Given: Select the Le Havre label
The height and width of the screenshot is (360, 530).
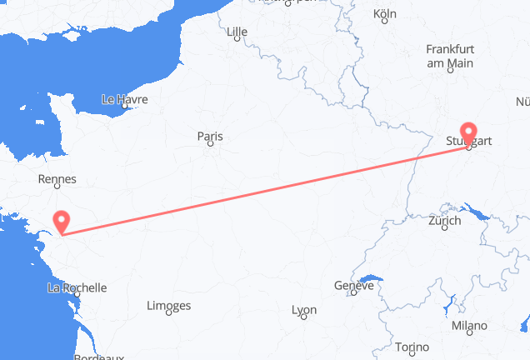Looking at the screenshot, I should point(124,98).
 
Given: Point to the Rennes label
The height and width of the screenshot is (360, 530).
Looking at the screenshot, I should point(57,178).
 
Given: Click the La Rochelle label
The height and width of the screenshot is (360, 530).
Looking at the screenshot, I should point(77,287).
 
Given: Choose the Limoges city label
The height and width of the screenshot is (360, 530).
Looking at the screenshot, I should point(168,306).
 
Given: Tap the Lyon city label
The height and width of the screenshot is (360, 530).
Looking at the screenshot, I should point(303,310).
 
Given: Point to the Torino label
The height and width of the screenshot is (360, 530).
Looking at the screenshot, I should point(411,347).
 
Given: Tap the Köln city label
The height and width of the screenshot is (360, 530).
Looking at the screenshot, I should point(385,14).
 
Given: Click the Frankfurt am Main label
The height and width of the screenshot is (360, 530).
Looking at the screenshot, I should point(449,57).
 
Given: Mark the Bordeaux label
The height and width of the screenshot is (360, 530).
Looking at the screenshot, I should point(98,357).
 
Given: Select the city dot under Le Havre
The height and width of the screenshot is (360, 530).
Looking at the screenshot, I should point(123,107).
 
